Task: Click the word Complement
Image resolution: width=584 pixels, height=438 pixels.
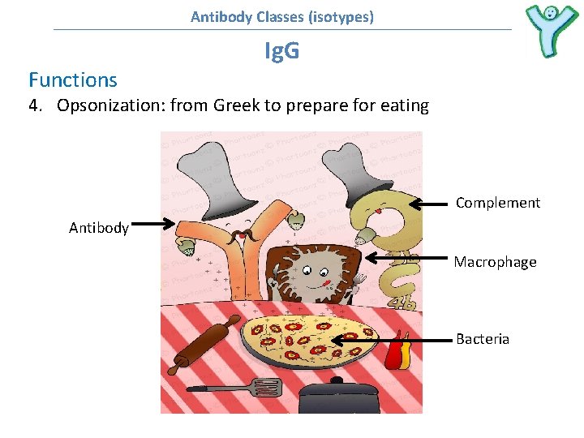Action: click(497, 203)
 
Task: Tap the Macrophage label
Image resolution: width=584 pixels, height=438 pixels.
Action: click(495, 262)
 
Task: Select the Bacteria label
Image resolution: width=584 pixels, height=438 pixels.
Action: click(483, 339)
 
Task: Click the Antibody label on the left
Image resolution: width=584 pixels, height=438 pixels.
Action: click(99, 228)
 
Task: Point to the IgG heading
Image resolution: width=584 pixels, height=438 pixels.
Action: click(281, 52)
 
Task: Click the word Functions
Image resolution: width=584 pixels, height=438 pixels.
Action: click(73, 79)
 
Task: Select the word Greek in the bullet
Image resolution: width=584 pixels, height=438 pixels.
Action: click(234, 105)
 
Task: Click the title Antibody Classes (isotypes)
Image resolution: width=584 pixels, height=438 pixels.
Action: click(282, 16)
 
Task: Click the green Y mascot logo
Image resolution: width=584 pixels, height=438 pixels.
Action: click(552, 31)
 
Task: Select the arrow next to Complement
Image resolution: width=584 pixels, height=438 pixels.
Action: click(428, 204)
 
